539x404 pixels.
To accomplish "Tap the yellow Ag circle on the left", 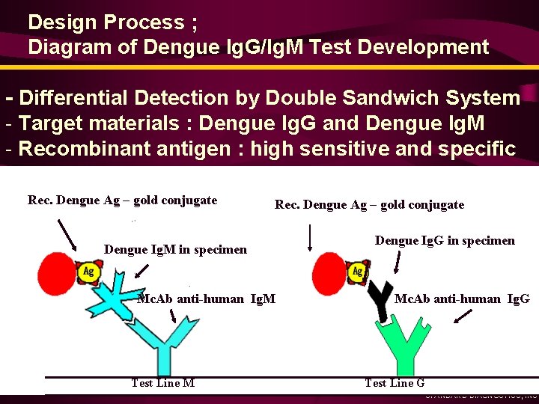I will tap(88, 271).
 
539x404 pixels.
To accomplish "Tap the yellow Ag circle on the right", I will tap(358, 271).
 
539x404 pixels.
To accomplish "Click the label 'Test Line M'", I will tap(162, 383).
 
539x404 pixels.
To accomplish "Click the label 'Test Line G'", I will tap(395, 383).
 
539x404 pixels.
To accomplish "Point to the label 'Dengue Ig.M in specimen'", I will tap(175, 249).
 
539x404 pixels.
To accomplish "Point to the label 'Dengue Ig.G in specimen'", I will tap(445, 240).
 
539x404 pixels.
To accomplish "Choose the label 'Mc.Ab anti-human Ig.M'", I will tap(206, 299).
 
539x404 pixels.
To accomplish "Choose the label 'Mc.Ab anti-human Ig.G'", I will tap(462, 299).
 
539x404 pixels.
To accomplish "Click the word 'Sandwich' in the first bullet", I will tap(384, 98).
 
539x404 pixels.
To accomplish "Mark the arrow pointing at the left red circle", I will tap(67, 233).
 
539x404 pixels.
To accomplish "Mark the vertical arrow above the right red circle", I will tap(310, 237).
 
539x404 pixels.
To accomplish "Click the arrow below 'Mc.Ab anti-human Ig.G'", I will tap(463, 316).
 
